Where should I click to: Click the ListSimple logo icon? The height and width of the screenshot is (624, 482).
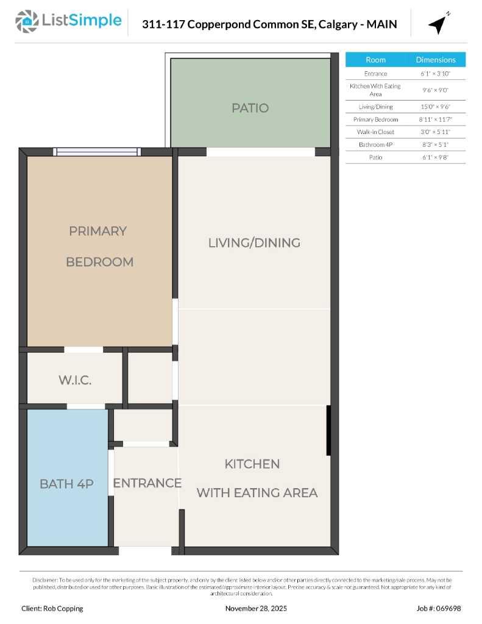click(x=27, y=21)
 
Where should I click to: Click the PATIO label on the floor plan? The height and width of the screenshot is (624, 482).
click(x=250, y=108)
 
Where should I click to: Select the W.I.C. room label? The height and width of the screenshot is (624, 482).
click(x=75, y=380)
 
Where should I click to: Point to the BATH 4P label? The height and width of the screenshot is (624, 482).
click(x=66, y=484)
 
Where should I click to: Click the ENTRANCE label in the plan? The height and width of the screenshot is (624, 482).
click(x=147, y=483)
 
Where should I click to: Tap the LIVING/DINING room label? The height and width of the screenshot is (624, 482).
click(x=254, y=243)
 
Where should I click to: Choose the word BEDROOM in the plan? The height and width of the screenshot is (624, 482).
click(x=99, y=262)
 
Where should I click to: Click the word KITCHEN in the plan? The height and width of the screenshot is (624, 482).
click(x=252, y=464)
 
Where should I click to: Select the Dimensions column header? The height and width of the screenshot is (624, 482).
click(x=435, y=60)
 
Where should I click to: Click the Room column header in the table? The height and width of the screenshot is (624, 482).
click(x=375, y=60)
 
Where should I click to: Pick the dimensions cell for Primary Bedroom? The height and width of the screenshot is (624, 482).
click(x=435, y=119)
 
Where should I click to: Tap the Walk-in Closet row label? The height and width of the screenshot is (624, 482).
click(x=375, y=132)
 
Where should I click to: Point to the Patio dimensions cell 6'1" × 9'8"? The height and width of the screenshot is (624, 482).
click(x=435, y=157)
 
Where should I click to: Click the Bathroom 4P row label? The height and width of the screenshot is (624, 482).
click(x=375, y=144)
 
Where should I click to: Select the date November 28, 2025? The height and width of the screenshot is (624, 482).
click(x=256, y=608)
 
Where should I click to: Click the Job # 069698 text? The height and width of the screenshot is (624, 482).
click(x=439, y=608)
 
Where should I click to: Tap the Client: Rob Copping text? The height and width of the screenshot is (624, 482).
click(x=52, y=608)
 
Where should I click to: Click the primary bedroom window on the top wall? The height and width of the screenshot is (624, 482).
click(x=97, y=152)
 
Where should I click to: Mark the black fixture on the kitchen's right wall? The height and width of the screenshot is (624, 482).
click(x=328, y=430)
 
